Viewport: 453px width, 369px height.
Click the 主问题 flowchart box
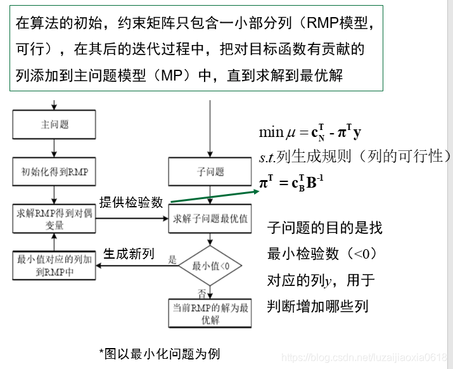pyautogui.click(x=55, y=125)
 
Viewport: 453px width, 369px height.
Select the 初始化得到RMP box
pyautogui.click(x=55, y=171)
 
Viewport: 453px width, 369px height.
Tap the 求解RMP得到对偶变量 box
pyautogui.click(x=55, y=219)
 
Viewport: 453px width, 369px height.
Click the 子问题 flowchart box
pyautogui.click(x=210, y=172)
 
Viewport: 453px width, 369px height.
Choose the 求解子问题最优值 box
pyautogui.click(x=210, y=219)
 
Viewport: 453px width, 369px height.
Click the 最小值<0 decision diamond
pyautogui.click(x=210, y=266)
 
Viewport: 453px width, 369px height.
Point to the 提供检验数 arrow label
pyautogui.click(x=132, y=202)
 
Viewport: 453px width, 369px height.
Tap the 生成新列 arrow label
pyautogui.click(x=129, y=254)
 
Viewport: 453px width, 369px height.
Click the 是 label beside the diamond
pyautogui.click(x=172, y=260)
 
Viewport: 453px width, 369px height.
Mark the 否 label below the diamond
pyautogui.click(x=202, y=294)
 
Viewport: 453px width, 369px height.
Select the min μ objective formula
pyautogui.click(x=310, y=133)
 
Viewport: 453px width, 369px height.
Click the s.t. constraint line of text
pyautogui.click(x=355, y=157)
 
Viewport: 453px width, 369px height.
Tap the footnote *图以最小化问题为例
pyautogui.click(x=160, y=353)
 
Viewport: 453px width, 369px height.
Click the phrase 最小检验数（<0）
pyautogui.click(x=322, y=254)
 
